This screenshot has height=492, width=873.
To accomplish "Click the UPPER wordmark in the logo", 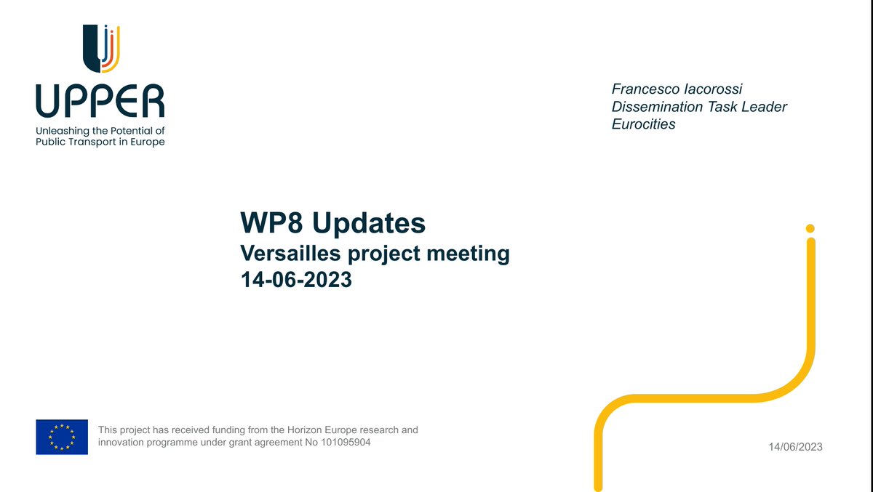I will tap(100, 102).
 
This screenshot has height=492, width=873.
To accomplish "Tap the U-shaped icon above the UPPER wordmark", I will tap(100, 49).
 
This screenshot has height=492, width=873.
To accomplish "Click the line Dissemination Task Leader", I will tap(699, 107).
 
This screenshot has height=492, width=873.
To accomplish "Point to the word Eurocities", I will tap(643, 124).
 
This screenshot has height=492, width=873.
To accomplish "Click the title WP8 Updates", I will tap(332, 223).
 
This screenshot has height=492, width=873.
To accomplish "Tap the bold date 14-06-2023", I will tap(296, 279).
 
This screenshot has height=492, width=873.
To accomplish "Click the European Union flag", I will tap(62, 437).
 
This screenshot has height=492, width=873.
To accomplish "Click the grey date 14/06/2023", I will tap(795, 447).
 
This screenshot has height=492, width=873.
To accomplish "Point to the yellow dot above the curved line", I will tap(810, 227).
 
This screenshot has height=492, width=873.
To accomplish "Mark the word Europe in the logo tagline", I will tap(150, 142).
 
